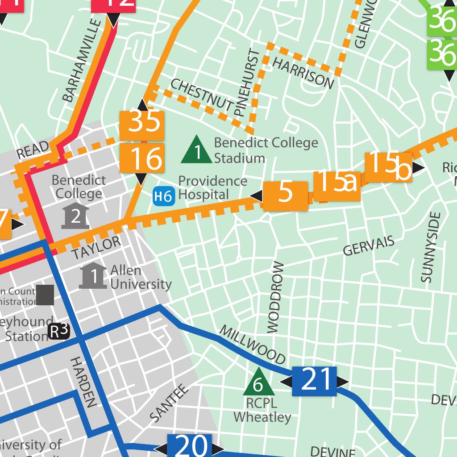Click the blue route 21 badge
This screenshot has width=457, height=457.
tap(314, 382)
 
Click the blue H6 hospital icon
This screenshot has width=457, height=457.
tap(163, 196)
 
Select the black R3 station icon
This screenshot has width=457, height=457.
tap(59, 331)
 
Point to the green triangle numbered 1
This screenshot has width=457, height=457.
tap(197, 150)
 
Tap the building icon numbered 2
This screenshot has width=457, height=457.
tap(75, 216)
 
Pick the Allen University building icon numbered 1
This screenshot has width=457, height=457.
tap(93, 276)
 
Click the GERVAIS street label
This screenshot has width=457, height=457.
tap(369, 246)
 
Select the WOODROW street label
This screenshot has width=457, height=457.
tap(275, 297)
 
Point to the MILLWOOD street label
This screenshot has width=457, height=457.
tap(253, 345)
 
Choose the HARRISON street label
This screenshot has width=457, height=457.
tap(303, 73)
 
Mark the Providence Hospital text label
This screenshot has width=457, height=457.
tap(212, 188)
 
